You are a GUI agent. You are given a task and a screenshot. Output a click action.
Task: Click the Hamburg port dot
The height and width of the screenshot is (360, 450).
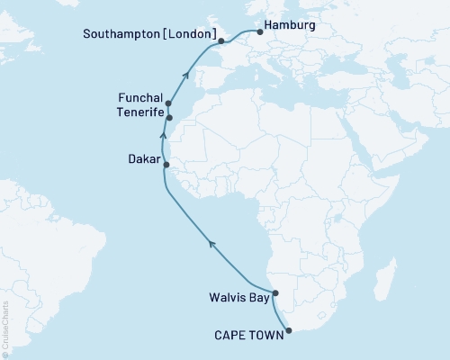[x=259, y=32]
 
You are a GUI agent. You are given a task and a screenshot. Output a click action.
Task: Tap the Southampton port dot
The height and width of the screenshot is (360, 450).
[x=221, y=41]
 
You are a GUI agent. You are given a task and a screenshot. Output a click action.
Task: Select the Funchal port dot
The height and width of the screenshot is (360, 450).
[x=168, y=104]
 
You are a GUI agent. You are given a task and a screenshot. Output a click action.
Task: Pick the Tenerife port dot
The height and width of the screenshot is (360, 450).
[x=169, y=118]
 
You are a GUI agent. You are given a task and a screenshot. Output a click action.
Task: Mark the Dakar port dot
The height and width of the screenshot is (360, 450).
[x=166, y=165]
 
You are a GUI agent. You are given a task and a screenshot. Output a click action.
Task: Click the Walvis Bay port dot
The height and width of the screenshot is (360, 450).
[x=275, y=293]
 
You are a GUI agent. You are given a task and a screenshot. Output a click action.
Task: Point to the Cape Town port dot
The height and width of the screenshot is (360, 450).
[x=289, y=330]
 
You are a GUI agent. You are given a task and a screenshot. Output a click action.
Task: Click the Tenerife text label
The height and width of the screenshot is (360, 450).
[x=139, y=112]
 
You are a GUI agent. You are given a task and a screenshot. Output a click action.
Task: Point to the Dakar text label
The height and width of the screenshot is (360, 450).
[x=143, y=158]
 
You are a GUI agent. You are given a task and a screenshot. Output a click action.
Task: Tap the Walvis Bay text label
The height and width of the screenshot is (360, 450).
[x=238, y=293]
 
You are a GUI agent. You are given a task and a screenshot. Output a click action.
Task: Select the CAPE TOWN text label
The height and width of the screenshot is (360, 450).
[x=247, y=335]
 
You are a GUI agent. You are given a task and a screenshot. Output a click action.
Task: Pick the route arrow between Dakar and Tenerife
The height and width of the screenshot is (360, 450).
[x=164, y=137]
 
